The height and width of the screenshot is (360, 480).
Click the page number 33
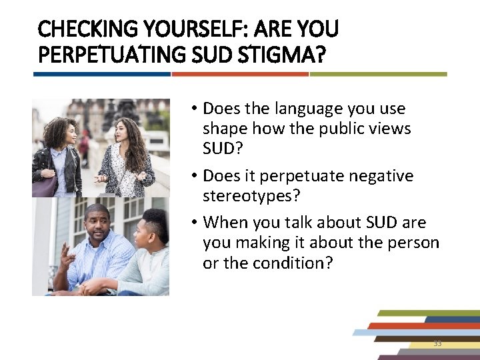[437, 343]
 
